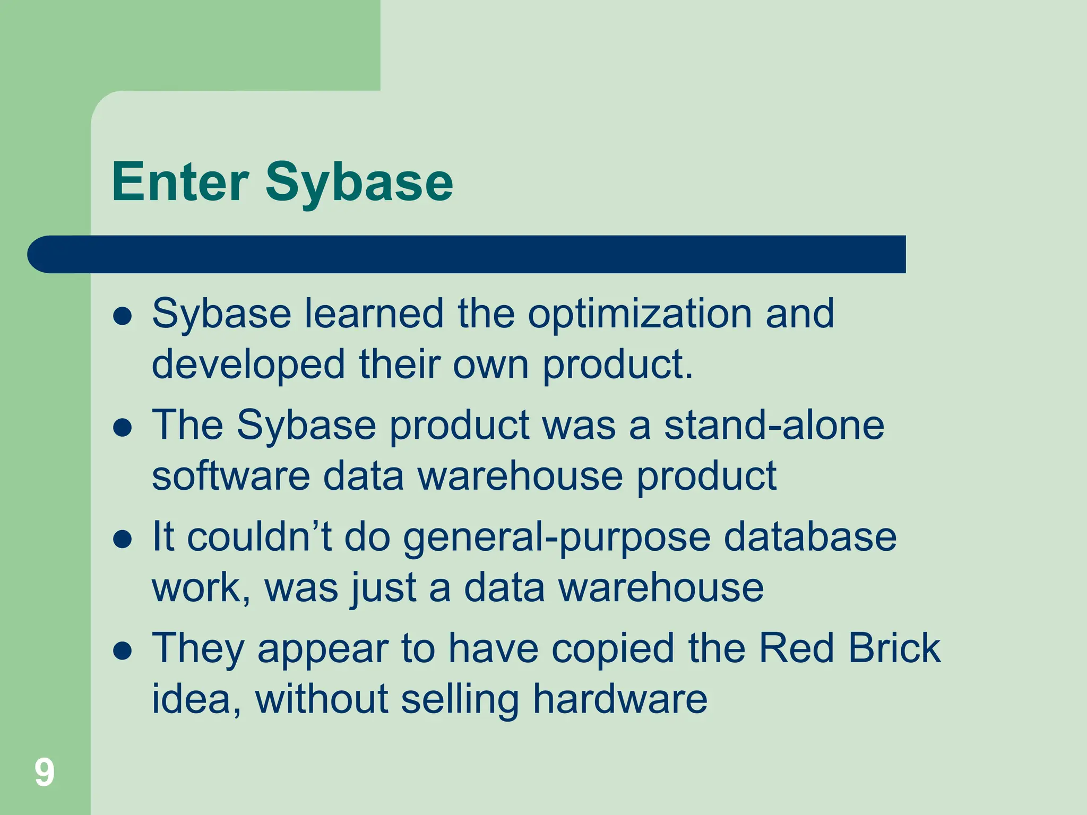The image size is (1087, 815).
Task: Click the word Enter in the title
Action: point(180,182)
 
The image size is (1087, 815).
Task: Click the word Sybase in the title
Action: point(359,182)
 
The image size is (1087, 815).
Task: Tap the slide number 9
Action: point(45,772)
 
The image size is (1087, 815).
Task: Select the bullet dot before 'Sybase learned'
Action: point(123,317)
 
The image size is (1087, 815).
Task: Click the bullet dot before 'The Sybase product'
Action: point(123,428)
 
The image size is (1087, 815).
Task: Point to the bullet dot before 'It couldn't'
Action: point(123,540)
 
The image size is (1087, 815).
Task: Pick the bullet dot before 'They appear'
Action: point(123,651)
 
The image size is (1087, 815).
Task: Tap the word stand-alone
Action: point(774,426)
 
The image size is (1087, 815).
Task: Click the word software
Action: point(231,476)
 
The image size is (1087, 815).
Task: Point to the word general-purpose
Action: point(557,538)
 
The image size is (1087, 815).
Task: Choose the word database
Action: point(810,537)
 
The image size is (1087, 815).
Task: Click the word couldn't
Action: point(260,537)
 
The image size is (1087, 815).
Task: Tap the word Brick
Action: point(894,648)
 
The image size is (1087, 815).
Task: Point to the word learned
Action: point(374,314)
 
